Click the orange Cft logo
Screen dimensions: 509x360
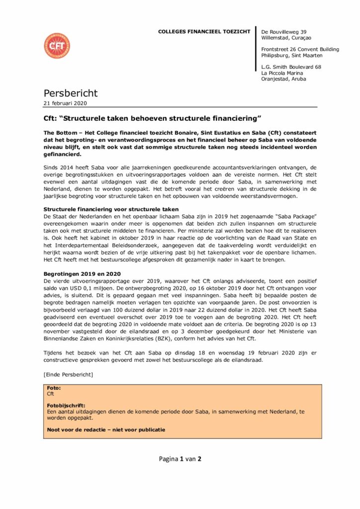[57, 46]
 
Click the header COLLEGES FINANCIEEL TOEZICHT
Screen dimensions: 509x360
[204, 32]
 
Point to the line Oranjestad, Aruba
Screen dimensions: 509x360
[283, 79]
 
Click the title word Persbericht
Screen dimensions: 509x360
[71, 93]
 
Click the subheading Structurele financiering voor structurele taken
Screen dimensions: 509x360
[111, 210]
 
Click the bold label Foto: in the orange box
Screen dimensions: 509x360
[53, 387]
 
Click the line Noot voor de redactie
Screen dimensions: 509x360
[106, 429]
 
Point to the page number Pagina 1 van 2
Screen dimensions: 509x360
[180, 459]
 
